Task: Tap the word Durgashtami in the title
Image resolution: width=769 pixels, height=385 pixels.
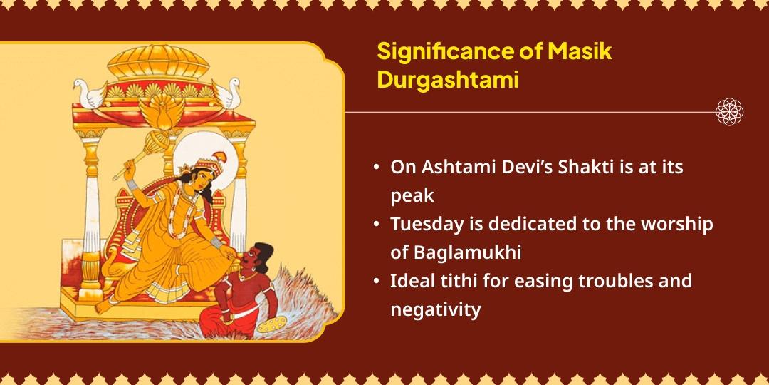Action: [448, 81]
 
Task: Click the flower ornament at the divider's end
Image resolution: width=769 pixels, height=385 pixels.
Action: [730, 112]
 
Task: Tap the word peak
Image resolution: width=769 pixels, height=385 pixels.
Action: [412, 196]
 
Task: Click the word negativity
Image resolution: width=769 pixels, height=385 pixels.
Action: [435, 309]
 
